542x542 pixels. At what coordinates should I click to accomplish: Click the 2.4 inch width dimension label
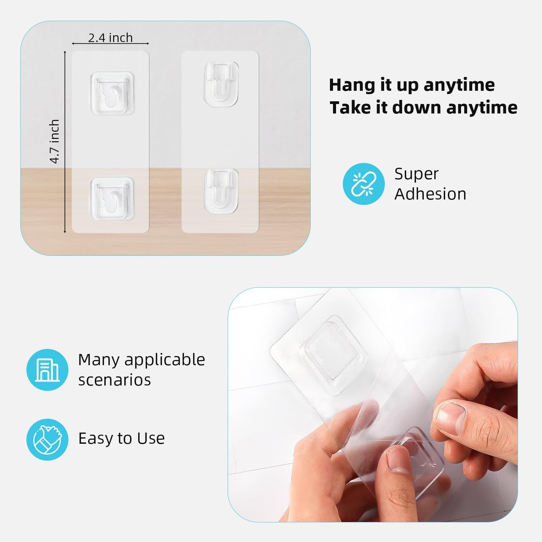[110, 38]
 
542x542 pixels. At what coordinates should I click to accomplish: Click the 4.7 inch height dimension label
[55, 141]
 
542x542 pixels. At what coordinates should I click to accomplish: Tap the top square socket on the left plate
[112, 93]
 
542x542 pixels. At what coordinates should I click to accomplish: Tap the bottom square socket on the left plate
[112, 199]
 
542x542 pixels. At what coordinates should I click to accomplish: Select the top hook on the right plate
[221, 83]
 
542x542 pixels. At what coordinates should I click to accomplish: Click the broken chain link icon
[363, 184]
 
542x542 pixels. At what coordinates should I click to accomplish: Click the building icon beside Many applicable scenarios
[47, 370]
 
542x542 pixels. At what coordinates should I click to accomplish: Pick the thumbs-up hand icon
[47, 439]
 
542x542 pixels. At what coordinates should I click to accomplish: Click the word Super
[416, 174]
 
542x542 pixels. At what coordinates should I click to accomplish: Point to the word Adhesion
[430, 194]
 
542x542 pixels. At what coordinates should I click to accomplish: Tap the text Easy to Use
[121, 438]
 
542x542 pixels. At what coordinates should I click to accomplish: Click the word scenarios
[114, 380]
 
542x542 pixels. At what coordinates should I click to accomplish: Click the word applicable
[165, 360]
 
